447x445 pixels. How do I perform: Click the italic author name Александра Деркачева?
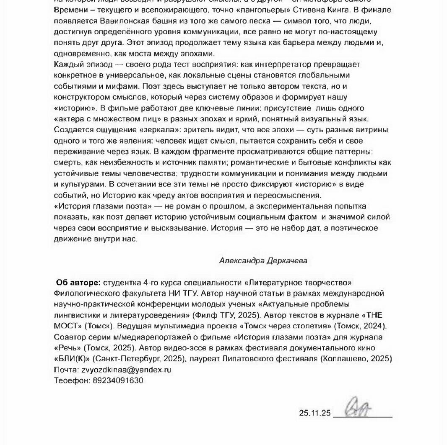(x=263, y=260)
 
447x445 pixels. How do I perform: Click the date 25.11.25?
(x=315, y=413)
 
